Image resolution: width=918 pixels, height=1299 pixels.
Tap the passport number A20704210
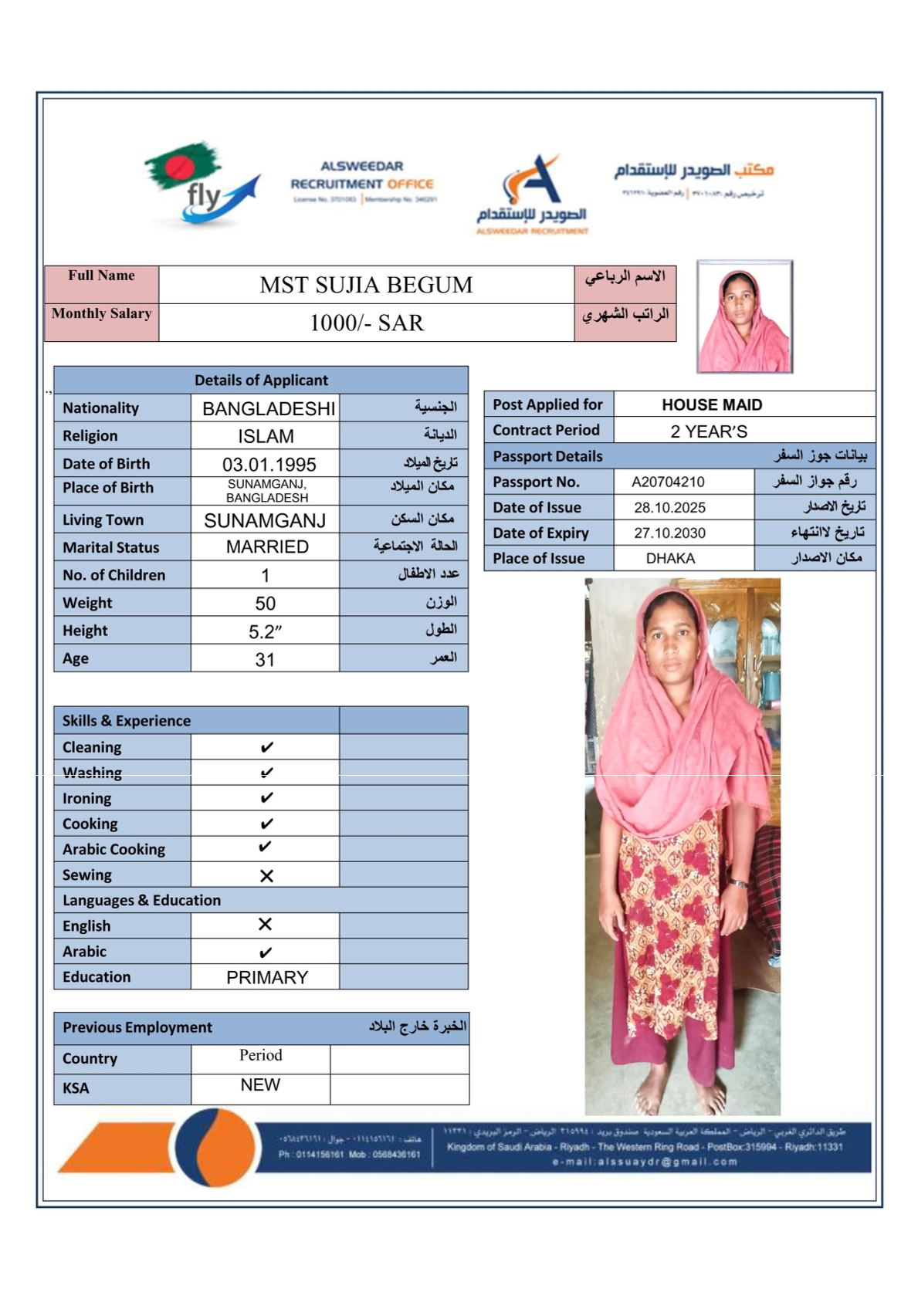pyautogui.click(x=668, y=482)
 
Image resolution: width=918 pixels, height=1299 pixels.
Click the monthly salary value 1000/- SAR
pyautogui.click(x=367, y=323)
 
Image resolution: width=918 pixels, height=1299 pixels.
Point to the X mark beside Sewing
pyautogui.click(x=266, y=876)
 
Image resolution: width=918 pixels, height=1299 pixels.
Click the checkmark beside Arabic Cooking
pyautogui.click(x=265, y=847)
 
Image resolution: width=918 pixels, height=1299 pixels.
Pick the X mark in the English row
pyautogui.click(x=265, y=925)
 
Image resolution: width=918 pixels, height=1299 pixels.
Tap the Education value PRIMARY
pyautogui.click(x=267, y=978)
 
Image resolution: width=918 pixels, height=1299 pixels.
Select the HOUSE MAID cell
pyautogui.click(x=712, y=405)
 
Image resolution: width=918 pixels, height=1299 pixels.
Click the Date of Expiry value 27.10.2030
pyautogui.click(x=669, y=533)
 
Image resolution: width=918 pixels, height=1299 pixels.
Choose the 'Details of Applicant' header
pyautogui.click(x=261, y=381)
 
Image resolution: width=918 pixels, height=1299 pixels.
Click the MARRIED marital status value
pyautogui.click(x=267, y=547)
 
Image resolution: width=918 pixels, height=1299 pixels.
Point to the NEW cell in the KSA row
pyautogui.click(x=260, y=1085)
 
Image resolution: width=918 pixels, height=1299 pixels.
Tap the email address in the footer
pyautogui.click(x=645, y=1162)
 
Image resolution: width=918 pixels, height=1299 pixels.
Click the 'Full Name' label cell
pyautogui.click(x=101, y=276)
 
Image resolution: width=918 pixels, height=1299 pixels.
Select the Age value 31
pyautogui.click(x=265, y=660)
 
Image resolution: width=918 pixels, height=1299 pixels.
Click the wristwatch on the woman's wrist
pyautogui.click(x=739, y=884)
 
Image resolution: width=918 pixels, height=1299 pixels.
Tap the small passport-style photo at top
pyautogui.click(x=744, y=316)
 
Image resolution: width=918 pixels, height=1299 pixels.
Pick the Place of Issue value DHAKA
pyautogui.click(x=670, y=559)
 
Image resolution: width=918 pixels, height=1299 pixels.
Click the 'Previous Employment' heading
pyautogui.click(x=137, y=1028)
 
